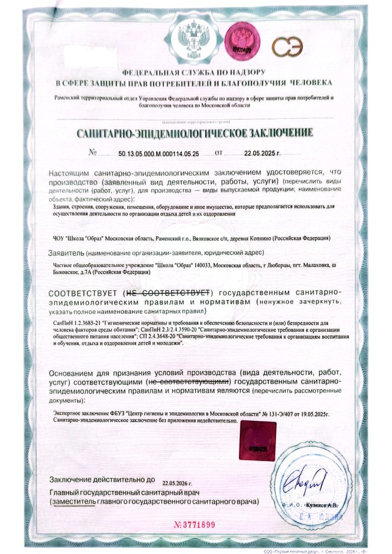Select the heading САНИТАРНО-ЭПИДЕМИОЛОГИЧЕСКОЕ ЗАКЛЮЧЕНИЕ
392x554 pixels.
coord(194,134)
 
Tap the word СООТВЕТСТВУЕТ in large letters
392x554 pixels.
coord(84,293)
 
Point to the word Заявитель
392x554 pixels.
coord(66,253)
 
